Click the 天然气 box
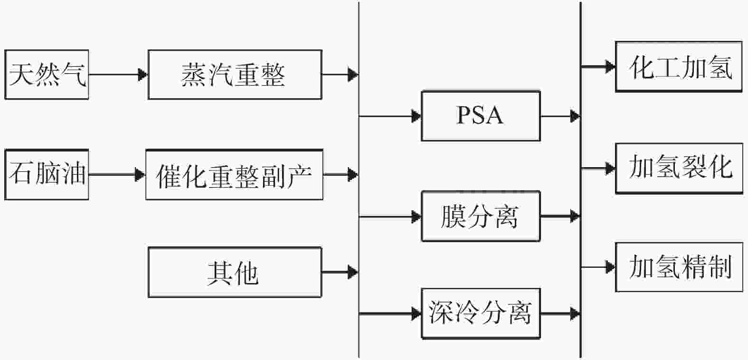click(47, 75)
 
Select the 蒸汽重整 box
click(235, 75)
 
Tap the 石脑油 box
click(47, 174)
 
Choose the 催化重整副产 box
click(235, 174)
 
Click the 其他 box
click(235, 272)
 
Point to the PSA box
click(481, 116)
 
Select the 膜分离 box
click(481, 216)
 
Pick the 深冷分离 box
click(481, 313)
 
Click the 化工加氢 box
click(679, 66)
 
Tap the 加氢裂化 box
click(679, 168)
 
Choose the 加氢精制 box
click(679, 267)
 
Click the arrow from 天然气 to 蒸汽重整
click(118, 75)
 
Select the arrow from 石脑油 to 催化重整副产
click(117, 174)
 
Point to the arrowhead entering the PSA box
click(417, 116)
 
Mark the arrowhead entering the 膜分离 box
click(417, 217)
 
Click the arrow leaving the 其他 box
click(340, 272)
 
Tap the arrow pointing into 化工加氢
click(598, 66)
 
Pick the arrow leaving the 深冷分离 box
click(560, 313)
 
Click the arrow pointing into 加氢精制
click(598, 267)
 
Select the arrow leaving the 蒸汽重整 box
click(340, 75)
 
